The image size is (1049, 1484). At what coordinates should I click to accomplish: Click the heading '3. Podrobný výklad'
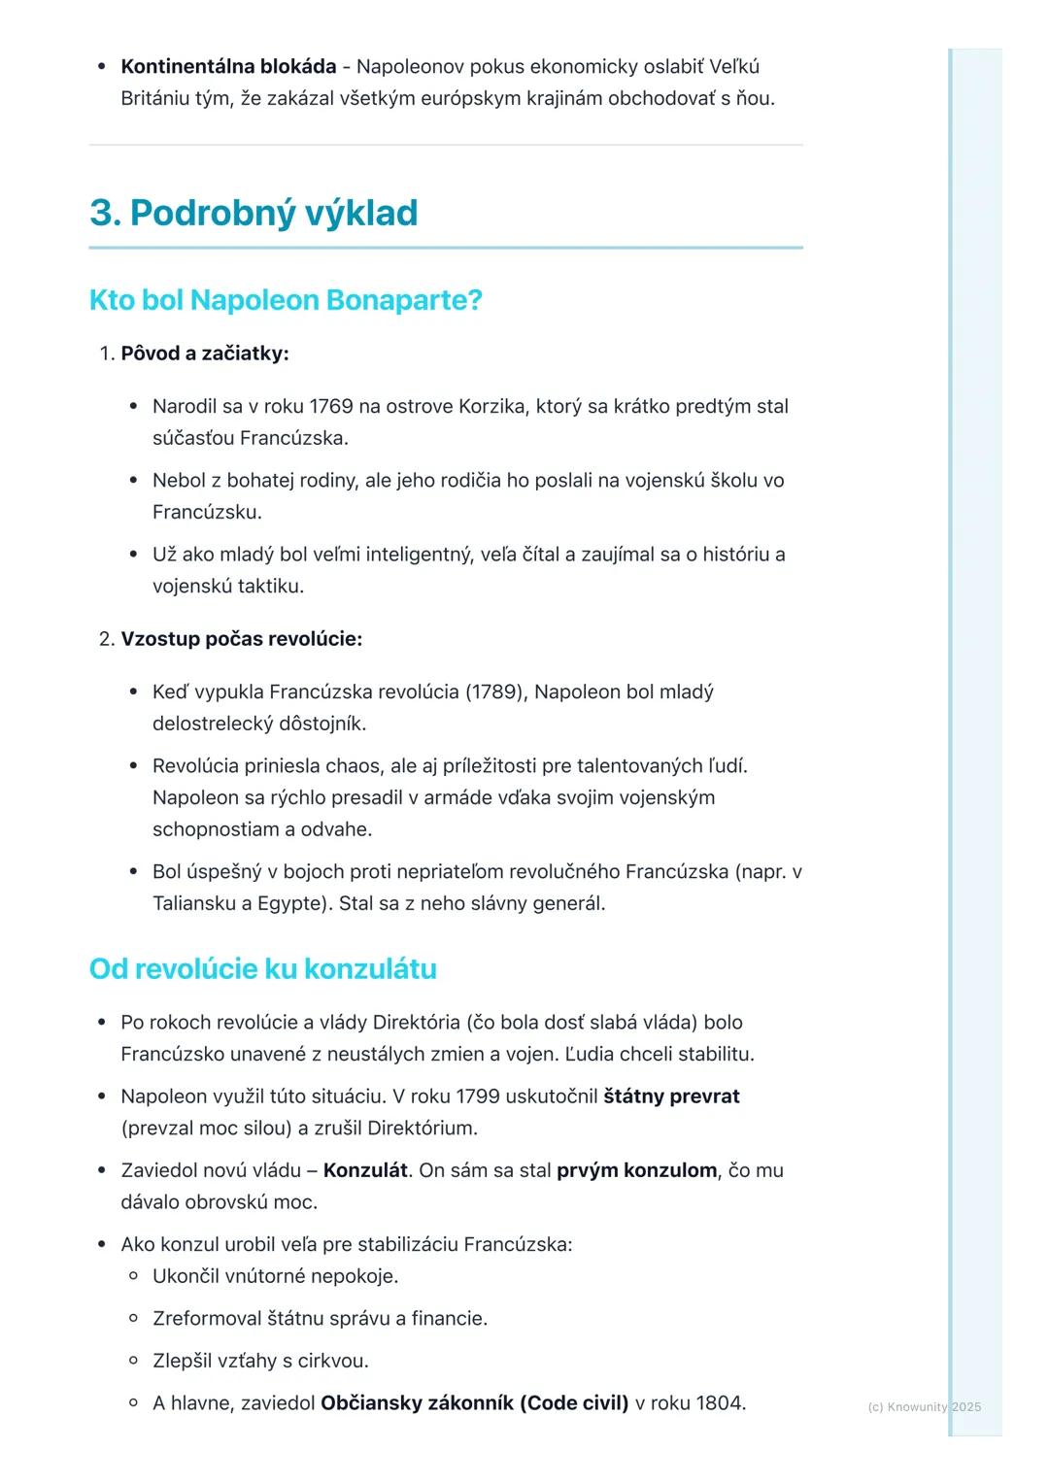(x=254, y=213)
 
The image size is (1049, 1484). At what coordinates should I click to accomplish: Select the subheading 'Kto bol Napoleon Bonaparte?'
(x=286, y=300)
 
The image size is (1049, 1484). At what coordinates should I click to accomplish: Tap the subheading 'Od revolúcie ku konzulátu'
(x=262, y=968)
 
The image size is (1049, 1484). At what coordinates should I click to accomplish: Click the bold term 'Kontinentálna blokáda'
(x=228, y=67)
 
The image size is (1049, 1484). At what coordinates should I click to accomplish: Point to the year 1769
(x=331, y=406)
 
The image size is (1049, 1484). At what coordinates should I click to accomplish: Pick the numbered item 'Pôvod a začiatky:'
(x=204, y=354)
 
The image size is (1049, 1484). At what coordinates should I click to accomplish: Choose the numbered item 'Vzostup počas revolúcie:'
(x=241, y=639)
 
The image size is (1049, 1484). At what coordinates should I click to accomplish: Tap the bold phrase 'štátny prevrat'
(x=671, y=1096)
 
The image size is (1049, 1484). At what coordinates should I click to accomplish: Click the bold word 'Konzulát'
(x=365, y=1170)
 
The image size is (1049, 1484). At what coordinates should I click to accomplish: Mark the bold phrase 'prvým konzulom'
(x=636, y=1170)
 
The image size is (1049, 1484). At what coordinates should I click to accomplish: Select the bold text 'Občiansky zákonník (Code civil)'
(x=474, y=1403)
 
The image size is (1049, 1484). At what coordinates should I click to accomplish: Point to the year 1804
(x=719, y=1403)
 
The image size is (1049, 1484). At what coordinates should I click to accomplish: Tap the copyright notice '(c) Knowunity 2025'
(x=924, y=1407)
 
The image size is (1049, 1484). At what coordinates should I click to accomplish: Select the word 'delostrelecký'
(x=212, y=724)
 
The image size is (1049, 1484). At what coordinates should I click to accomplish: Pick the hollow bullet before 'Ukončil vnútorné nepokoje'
(x=134, y=1276)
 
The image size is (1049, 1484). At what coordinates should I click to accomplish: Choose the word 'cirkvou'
(x=332, y=1361)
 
